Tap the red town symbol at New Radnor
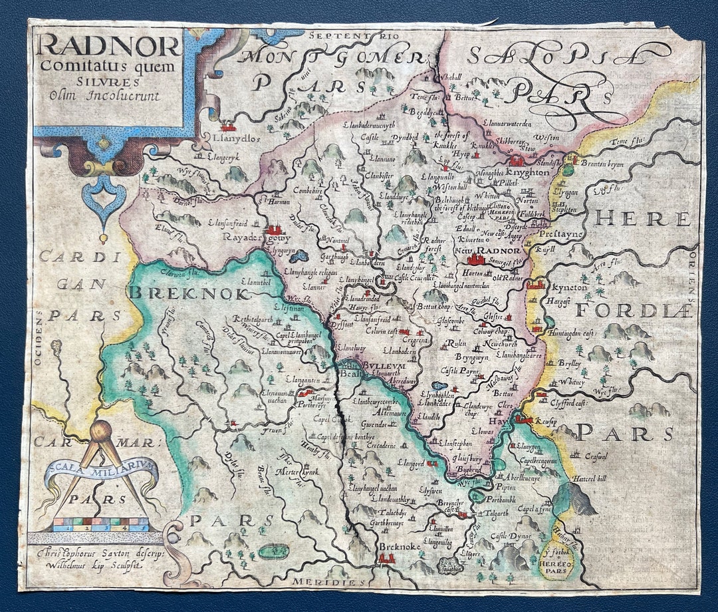pyautogui.click(x=477, y=259)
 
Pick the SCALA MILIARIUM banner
pyautogui.click(x=101, y=475)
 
